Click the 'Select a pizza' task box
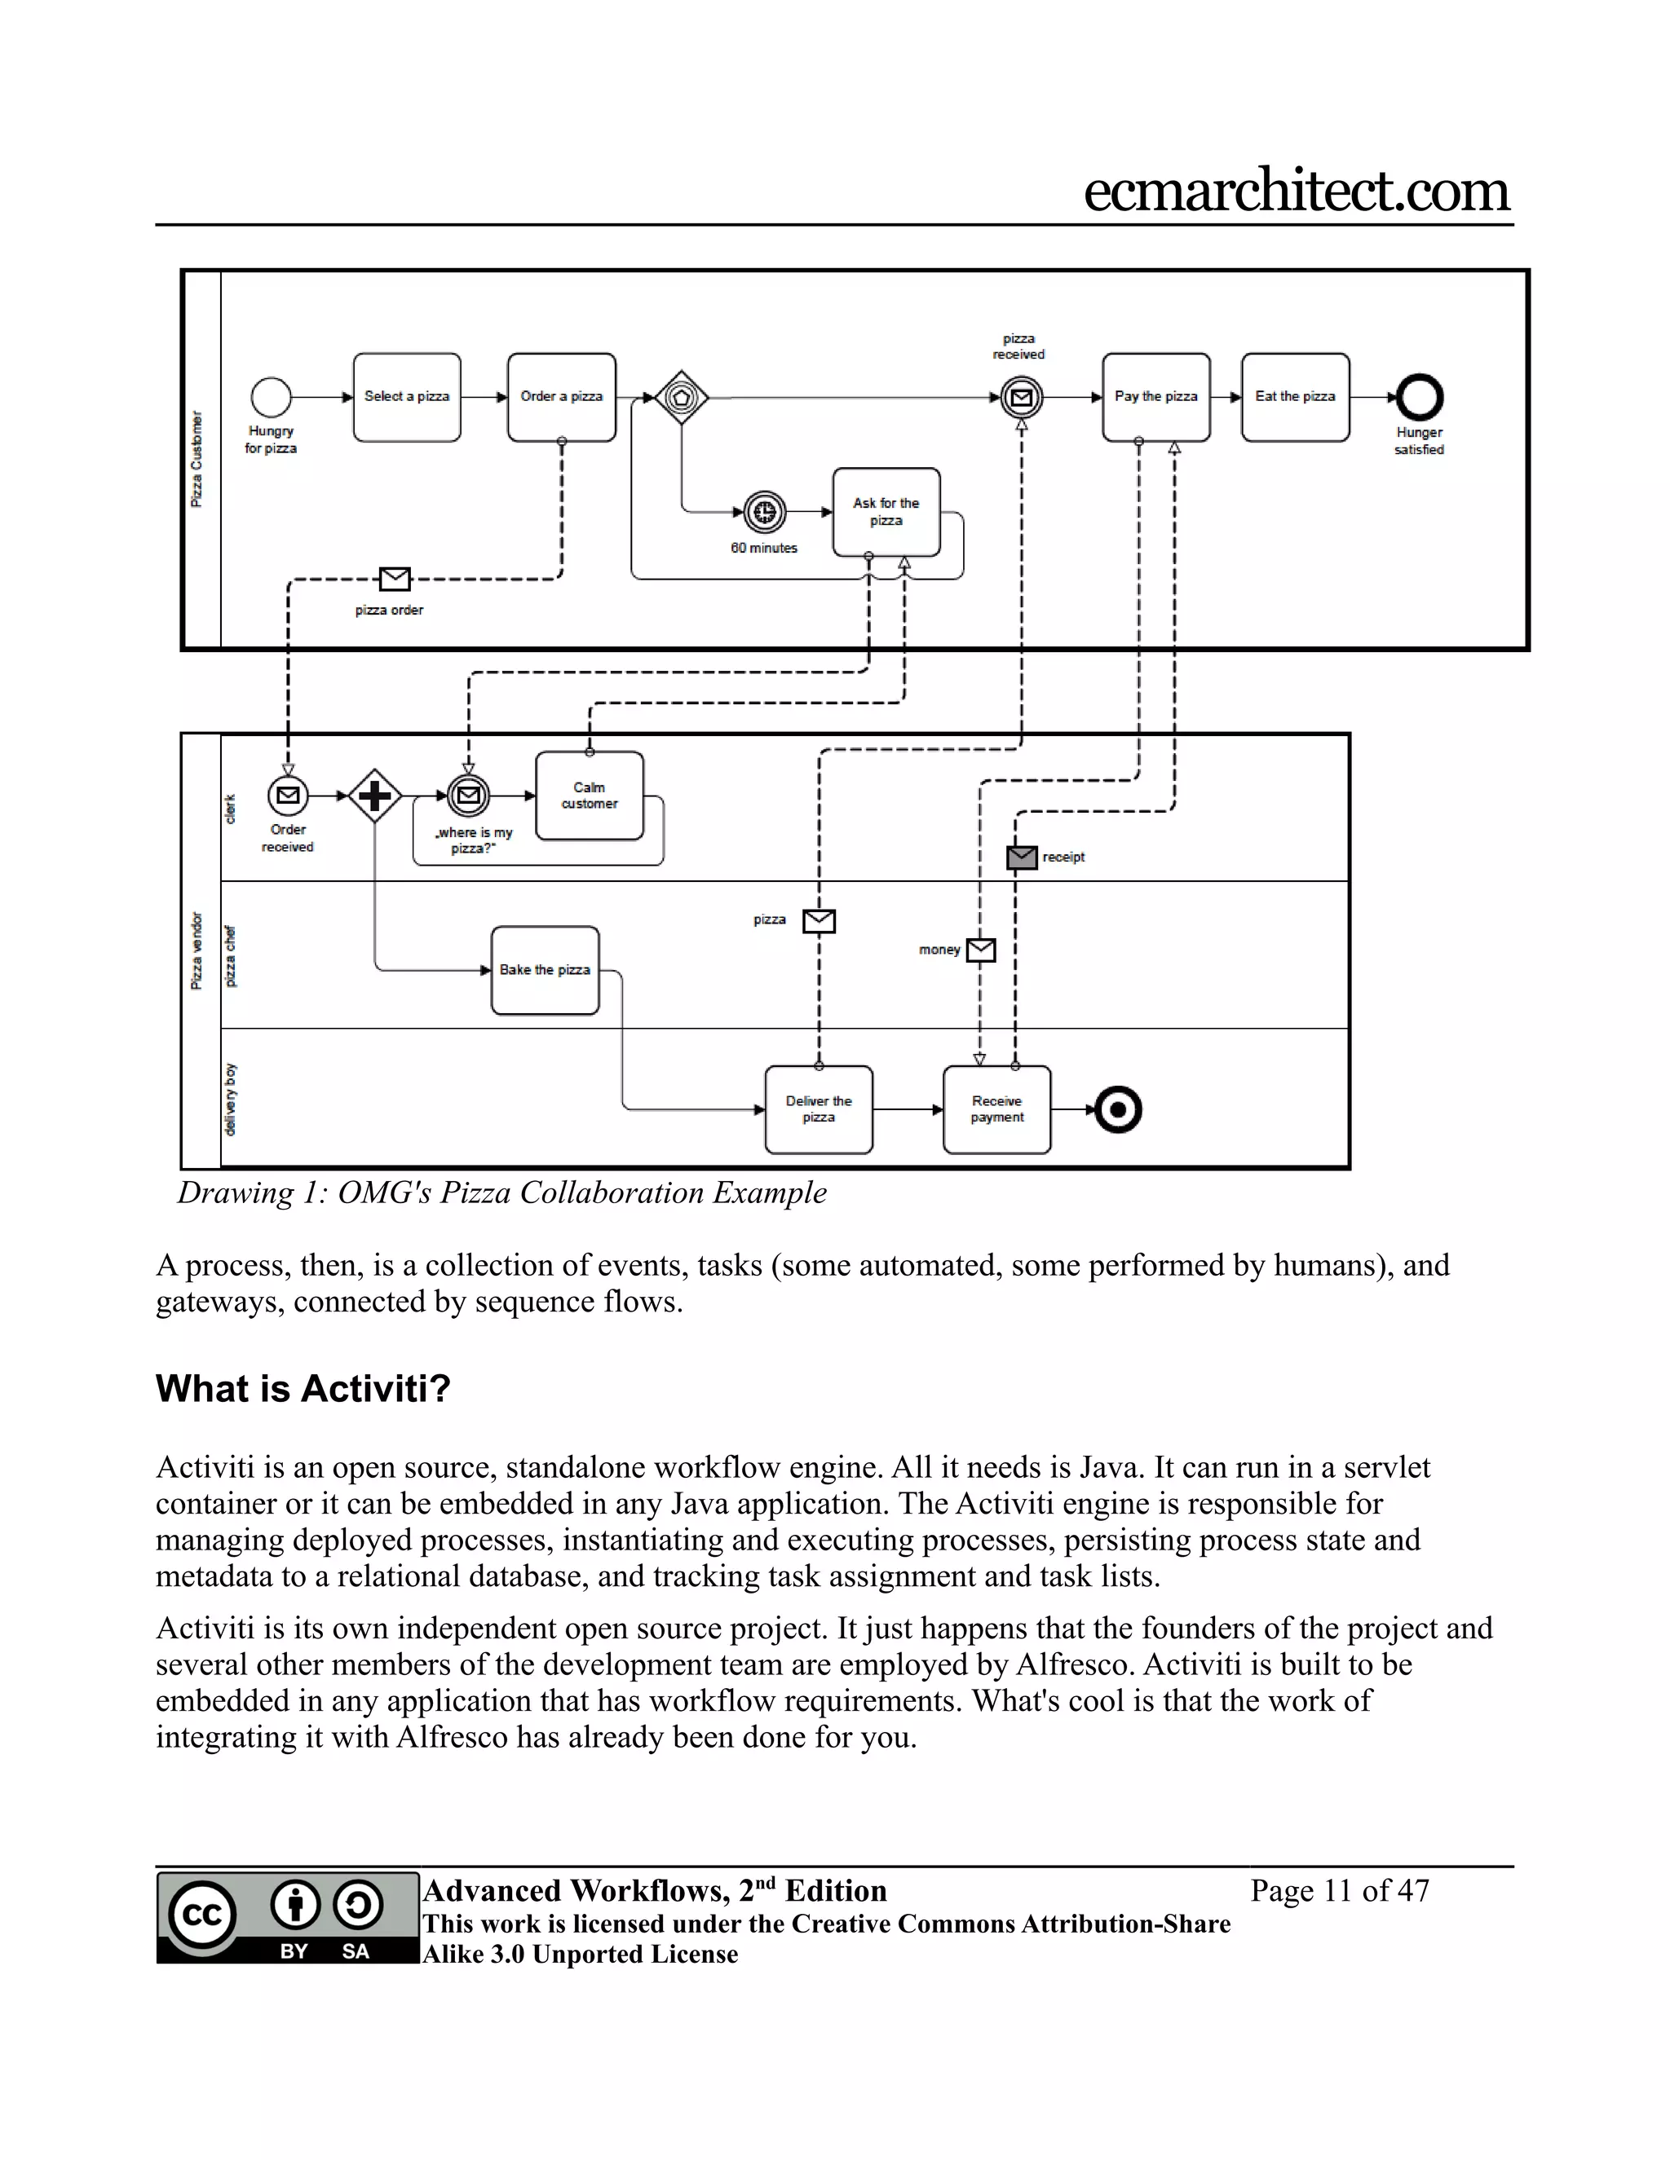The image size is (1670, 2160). [x=407, y=398]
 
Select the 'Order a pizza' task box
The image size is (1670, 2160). [x=561, y=398]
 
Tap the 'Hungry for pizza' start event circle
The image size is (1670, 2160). [x=271, y=398]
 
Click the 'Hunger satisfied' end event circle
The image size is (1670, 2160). [x=1419, y=398]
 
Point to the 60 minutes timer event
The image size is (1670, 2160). [x=764, y=513]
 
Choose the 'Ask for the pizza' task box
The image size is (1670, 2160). [x=886, y=513]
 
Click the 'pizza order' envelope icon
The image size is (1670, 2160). [x=395, y=579]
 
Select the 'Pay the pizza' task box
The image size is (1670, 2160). [x=1155, y=398]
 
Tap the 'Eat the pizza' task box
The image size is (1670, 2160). [x=1295, y=398]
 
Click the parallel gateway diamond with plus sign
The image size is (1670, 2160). [x=375, y=796]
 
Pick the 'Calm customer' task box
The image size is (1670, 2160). [x=590, y=796]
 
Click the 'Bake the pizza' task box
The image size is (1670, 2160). [x=546, y=970]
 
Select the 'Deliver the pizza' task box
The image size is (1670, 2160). [x=818, y=1109]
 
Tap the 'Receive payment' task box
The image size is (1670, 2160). [x=996, y=1109]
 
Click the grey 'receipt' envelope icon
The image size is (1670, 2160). [x=1022, y=857]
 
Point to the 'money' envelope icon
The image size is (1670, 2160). [x=980, y=950]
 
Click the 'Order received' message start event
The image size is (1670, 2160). [x=288, y=796]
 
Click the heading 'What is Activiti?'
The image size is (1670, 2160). [x=303, y=1389]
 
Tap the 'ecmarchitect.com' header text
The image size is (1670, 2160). [x=1296, y=191]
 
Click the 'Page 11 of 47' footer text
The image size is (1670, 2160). [x=1340, y=1891]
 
